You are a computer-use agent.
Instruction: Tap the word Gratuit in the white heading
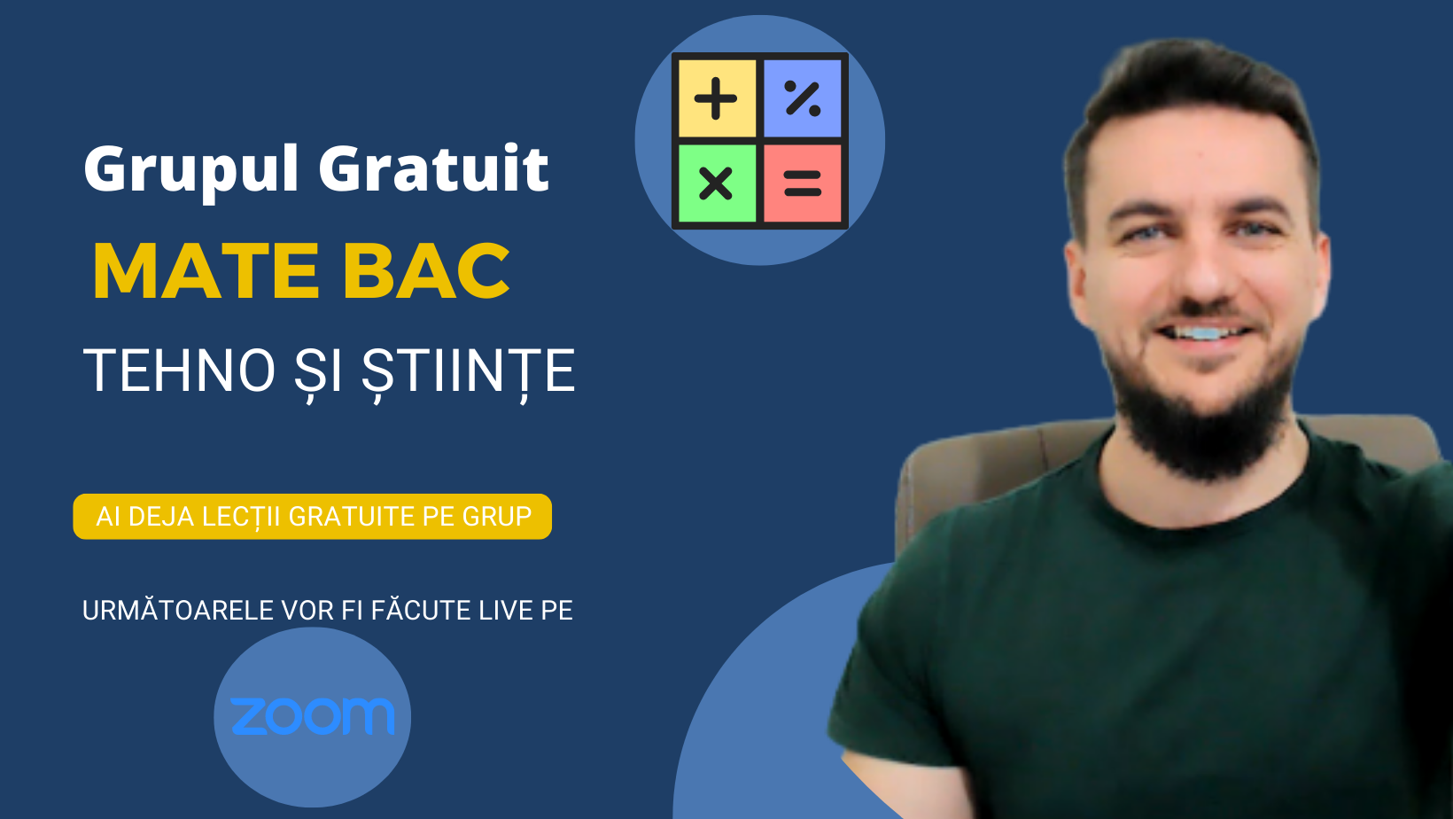433,168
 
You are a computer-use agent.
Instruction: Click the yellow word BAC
426,271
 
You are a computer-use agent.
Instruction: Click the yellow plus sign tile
717,98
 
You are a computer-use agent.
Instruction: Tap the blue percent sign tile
803,98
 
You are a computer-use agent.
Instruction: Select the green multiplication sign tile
717,183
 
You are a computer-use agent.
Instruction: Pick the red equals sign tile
803,183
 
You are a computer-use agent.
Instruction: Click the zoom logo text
312,716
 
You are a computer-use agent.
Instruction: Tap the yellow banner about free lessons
313,517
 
